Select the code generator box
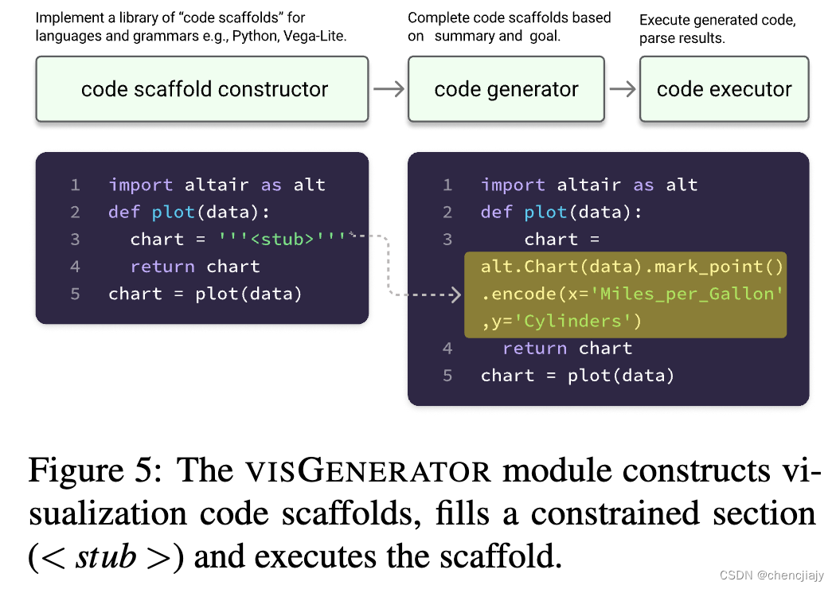pos(506,89)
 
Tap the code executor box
pos(724,89)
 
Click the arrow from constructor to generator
pos(388,88)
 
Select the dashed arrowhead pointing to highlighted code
pos(456,295)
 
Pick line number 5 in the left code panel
pos(75,294)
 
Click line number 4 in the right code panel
pos(447,348)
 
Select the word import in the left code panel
pos(141,185)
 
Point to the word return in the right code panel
pos(534,348)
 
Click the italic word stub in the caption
pos(106,557)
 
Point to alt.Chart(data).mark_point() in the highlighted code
pos(632,267)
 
